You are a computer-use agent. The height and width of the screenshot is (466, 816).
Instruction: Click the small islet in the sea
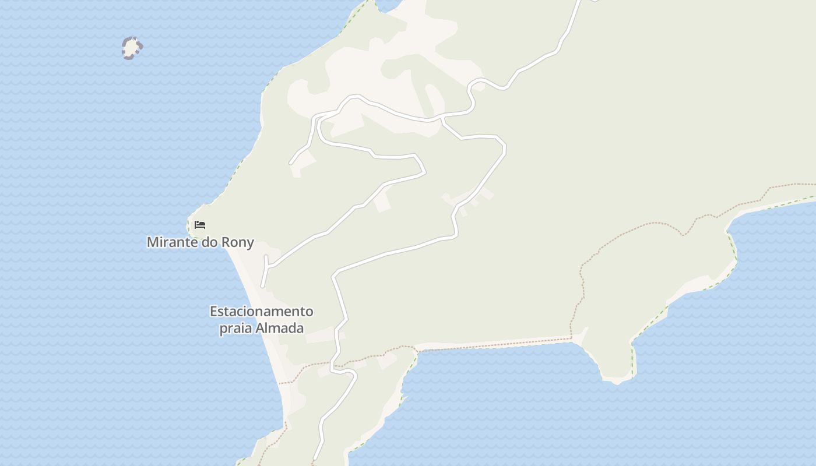[132, 48]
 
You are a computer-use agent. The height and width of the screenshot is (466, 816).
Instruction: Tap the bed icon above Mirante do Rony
[200, 224]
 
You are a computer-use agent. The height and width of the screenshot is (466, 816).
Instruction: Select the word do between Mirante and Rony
[209, 242]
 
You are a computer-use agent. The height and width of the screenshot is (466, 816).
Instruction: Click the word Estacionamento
[261, 312]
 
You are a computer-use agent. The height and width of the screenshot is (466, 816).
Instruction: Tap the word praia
[236, 328]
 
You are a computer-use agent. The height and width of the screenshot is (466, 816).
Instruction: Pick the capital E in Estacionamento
[213, 312]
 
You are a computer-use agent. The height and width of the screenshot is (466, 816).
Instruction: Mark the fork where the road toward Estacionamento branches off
[442, 118]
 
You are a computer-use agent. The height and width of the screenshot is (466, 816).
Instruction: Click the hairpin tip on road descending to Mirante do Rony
[424, 172]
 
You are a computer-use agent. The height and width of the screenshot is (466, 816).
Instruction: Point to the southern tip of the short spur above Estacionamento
[263, 286]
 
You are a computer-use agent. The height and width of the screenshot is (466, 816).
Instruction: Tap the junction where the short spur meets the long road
[266, 266]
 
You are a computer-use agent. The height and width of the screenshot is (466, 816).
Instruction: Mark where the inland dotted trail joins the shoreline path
[572, 337]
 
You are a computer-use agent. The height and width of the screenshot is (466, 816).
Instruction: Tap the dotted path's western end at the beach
[280, 383]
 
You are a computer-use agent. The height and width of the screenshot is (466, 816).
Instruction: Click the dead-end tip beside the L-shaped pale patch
[291, 163]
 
